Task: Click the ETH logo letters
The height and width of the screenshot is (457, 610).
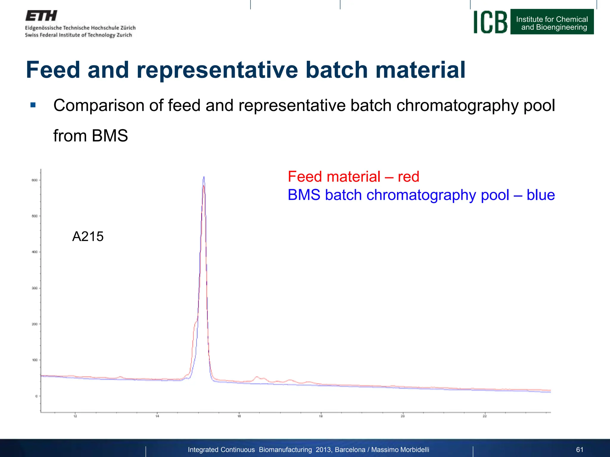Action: tap(41, 16)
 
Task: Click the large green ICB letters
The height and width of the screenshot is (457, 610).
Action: tap(490, 22)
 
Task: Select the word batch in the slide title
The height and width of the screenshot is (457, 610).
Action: tap(337, 70)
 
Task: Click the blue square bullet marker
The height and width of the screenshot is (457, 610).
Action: tap(33, 105)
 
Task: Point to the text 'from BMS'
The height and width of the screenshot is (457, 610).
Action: tap(91, 136)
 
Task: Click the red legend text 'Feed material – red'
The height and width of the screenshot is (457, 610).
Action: tap(353, 177)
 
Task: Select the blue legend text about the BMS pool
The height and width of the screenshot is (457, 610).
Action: tap(421, 195)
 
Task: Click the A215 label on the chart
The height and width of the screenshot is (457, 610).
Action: tap(88, 237)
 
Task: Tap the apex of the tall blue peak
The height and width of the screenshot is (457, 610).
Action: tap(204, 177)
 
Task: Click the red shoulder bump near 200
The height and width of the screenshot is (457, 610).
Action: tap(196, 323)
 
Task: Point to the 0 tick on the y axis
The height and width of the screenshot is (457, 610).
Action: tap(36, 396)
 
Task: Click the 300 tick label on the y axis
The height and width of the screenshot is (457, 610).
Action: tap(35, 288)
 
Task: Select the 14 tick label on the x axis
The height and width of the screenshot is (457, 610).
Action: tap(157, 416)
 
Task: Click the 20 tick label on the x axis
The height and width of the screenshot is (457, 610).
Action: tap(403, 416)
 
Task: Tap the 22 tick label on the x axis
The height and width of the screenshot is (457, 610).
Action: tap(485, 416)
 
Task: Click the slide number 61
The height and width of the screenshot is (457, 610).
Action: tap(580, 450)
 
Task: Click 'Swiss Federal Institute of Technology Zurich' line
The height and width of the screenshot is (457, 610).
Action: tap(78, 35)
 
